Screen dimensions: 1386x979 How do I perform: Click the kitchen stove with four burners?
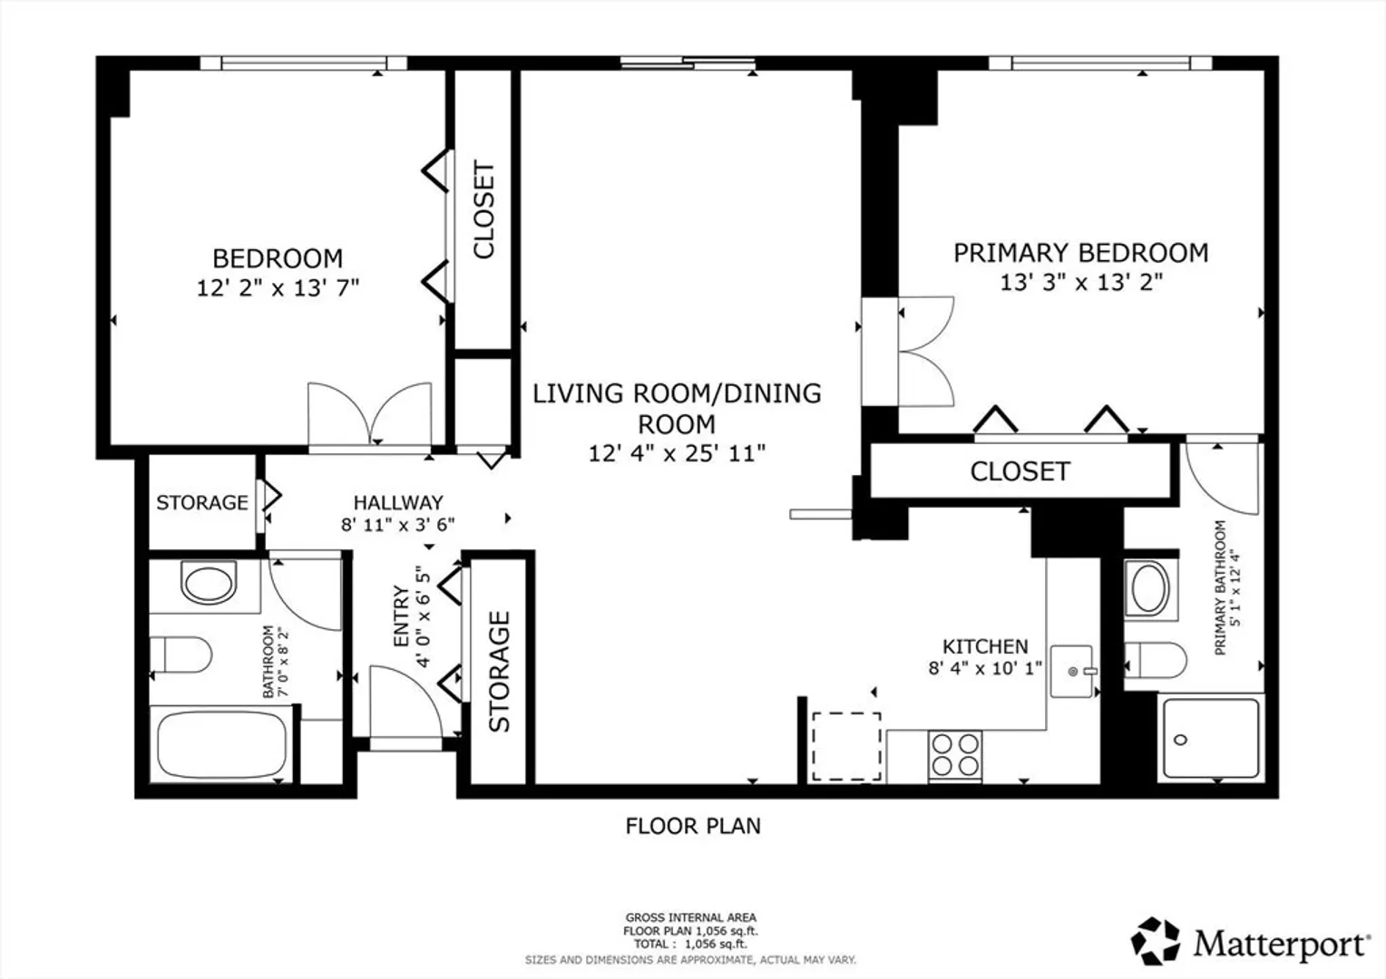955,755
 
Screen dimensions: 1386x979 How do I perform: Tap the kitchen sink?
1072,671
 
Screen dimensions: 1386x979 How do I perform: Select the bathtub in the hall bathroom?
221,747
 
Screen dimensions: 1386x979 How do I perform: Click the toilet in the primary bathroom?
1156,661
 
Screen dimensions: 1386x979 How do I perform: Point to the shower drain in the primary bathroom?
1181,740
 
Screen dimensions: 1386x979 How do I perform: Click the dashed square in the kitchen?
846,746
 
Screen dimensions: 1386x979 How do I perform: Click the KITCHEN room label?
985,647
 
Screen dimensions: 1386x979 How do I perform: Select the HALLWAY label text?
398,502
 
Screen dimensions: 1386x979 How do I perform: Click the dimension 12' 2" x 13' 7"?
278,288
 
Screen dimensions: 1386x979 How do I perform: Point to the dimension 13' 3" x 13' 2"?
1081,283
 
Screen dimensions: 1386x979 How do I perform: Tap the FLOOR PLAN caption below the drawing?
693,826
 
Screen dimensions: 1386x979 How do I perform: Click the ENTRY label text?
402,616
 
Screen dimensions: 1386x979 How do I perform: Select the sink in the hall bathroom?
210,582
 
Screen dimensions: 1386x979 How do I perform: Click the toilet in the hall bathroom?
181,655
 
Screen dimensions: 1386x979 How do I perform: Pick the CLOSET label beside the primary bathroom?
1020,472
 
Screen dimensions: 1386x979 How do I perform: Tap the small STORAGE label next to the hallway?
202,503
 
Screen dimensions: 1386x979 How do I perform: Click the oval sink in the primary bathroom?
1149,589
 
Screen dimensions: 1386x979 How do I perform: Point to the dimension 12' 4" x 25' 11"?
677,454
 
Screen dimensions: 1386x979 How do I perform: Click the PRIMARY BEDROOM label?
1081,253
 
